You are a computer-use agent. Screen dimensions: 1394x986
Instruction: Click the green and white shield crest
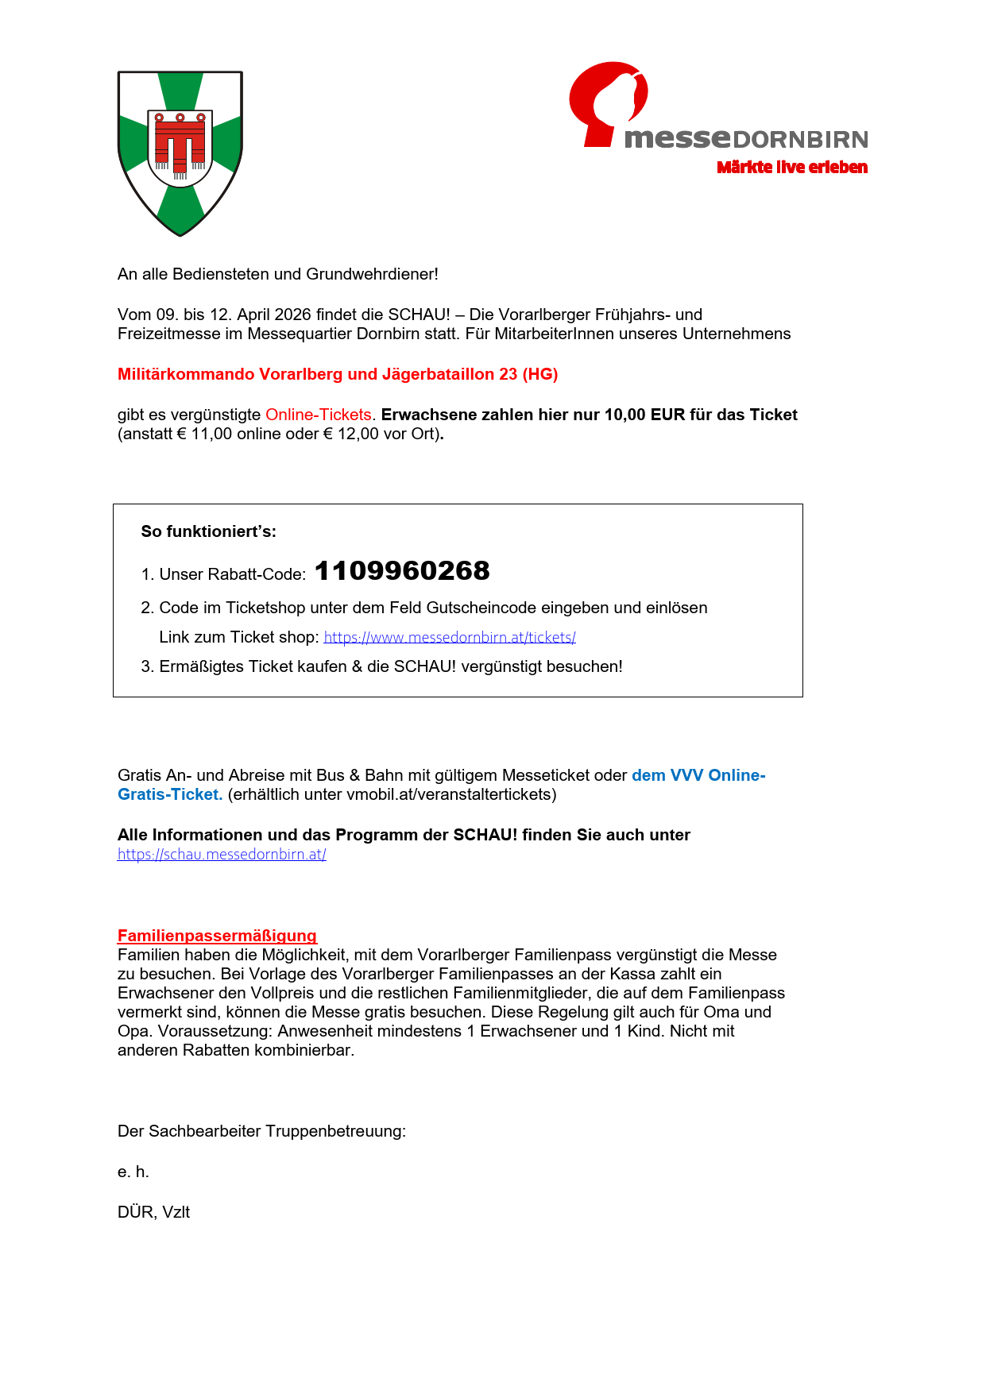click(x=180, y=153)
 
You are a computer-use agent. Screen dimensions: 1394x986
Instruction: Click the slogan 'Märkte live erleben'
click(x=791, y=167)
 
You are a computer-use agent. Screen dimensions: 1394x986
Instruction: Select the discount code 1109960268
click(x=402, y=571)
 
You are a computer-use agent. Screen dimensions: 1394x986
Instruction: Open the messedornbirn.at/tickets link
click(x=450, y=637)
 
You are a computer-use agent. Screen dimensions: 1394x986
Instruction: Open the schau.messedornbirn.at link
click(x=222, y=855)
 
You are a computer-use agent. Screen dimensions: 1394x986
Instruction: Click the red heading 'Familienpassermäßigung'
click(x=217, y=936)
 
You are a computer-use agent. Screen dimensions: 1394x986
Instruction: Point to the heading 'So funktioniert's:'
click(x=209, y=531)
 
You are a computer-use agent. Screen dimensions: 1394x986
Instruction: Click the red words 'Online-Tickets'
click(x=318, y=415)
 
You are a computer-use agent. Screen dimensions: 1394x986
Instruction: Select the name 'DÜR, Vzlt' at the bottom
click(x=153, y=1212)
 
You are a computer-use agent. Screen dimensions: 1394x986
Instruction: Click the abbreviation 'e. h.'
click(x=133, y=1172)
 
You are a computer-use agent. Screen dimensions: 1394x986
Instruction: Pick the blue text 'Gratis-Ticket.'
click(x=170, y=794)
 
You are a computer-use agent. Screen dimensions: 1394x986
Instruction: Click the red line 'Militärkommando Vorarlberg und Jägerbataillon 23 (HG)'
click(x=338, y=374)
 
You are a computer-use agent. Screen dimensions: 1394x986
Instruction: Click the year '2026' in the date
click(x=292, y=315)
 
